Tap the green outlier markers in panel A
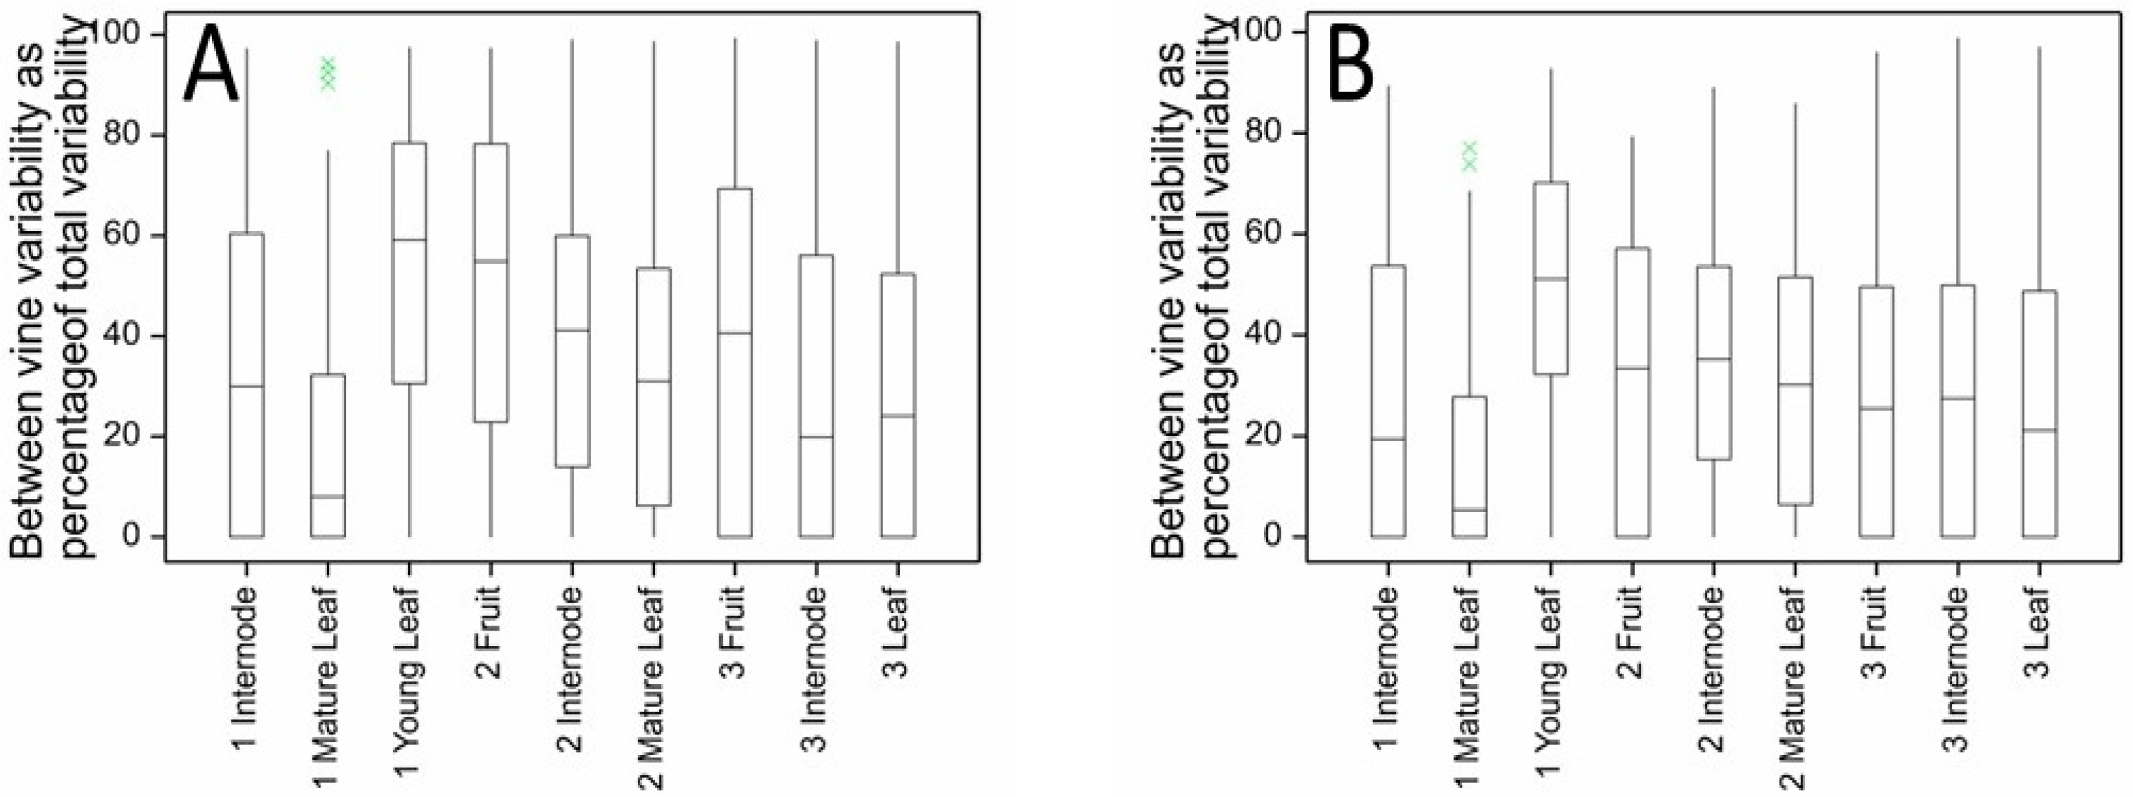tap(328, 74)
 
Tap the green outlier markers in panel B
tap(1469, 156)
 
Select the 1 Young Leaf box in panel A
tap(409, 263)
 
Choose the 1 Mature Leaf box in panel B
tap(1469, 466)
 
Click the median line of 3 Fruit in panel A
tap(734, 333)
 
